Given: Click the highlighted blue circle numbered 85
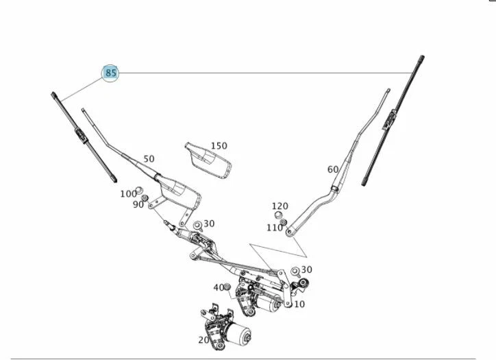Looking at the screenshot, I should point(111,73).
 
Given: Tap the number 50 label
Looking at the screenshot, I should point(149,159).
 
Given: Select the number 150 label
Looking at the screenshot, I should point(219,146).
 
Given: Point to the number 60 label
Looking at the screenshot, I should point(333,169).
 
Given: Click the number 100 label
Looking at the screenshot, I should point(128,194).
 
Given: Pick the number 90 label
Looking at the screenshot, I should point(138,204).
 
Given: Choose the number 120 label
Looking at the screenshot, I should point(280,206).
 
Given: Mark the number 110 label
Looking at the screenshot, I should point(274,228).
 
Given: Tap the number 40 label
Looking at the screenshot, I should point(219,287).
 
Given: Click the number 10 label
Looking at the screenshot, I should point(299,304).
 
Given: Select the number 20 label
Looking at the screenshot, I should point(203,339).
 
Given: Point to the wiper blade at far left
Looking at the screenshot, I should point(83,137).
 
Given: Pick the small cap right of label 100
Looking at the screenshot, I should point(140,189).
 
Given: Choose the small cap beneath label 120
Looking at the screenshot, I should point(280,215).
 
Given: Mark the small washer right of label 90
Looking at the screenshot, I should point(145,198).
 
